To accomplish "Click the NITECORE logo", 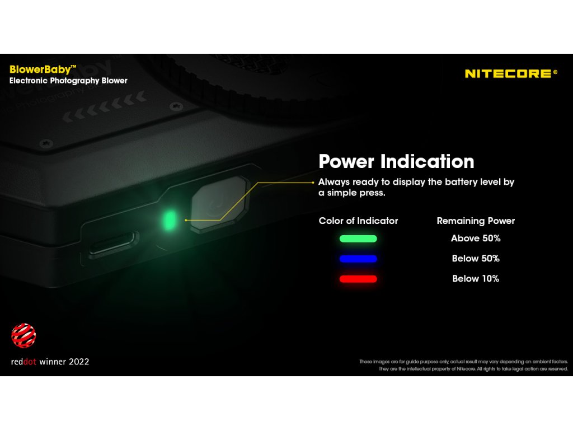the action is (511, 73).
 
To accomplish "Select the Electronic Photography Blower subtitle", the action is (68, 81).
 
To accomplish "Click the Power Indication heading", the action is (396, 162).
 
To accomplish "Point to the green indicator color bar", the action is (358, 239).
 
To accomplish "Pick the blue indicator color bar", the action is (358, 259).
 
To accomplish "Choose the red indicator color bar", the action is (358, 279).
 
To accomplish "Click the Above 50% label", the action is (476, 239).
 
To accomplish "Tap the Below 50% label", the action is (476, 259).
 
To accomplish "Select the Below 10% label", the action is (476, 279).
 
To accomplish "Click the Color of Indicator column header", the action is (358, 221).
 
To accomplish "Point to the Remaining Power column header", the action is (476, 221).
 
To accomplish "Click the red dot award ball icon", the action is (24, 335).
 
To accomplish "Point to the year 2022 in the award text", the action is (79, 362).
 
